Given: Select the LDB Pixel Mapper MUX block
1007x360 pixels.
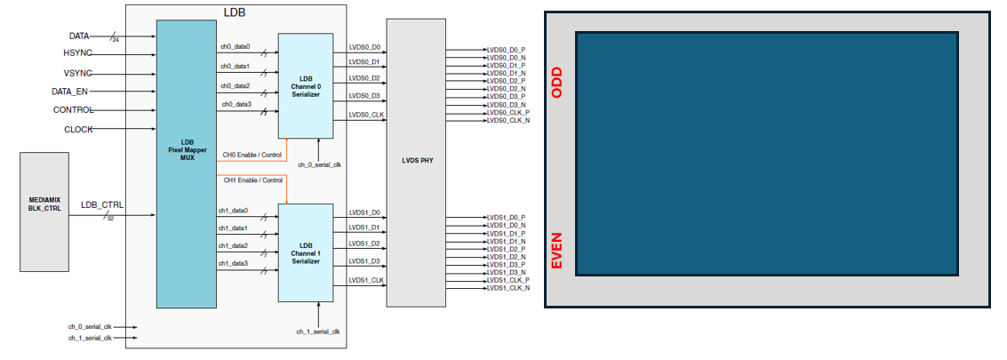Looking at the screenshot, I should pos(187,164).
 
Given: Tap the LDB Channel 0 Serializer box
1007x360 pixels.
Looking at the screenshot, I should pos(306,84).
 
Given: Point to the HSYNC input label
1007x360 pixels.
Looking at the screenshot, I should pos(77,54).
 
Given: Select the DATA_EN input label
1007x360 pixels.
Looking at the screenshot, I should pos(69,92).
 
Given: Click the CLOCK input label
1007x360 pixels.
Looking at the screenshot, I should pos(78,129).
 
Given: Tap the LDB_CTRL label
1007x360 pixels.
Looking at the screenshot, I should pos(102,205).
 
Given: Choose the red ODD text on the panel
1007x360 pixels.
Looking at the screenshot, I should pos(557,81).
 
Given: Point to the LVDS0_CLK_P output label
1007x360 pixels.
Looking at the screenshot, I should pos(507,113).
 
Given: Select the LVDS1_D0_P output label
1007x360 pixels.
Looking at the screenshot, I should pos(506,218).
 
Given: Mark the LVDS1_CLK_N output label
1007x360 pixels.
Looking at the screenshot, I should pos(507,288).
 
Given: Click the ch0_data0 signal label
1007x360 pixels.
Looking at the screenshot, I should pos(235,46).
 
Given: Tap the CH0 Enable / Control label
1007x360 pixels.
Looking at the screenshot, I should pos(252,155).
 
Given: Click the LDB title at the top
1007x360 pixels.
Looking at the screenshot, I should pos(235,11).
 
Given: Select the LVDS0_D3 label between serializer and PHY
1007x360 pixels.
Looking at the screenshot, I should pos(364,95).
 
